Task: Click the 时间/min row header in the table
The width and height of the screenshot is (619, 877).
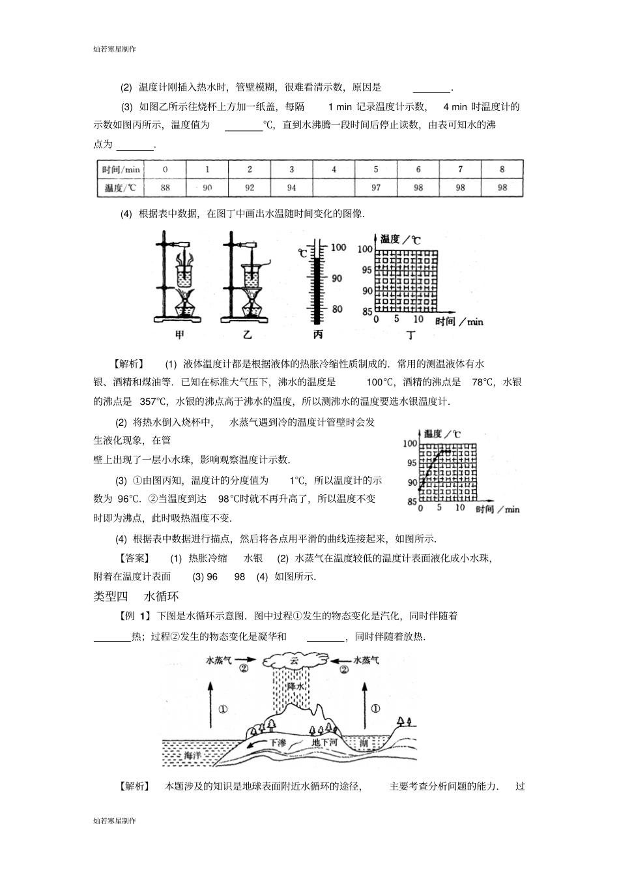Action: pyautogui.click(x=121, y=170)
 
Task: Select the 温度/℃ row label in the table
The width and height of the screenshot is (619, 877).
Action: pyautogui.click(x=121, y=188)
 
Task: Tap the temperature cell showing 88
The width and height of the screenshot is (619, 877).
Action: pyautogui.click(x=165, y=188)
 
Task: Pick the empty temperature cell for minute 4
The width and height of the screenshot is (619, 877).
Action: pyautogui.click(x=334, y=188)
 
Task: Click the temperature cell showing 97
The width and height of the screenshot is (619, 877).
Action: pyautogui.click(x=376, y=188)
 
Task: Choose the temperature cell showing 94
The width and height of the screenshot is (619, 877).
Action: pyautogui.click(x=291, y=188)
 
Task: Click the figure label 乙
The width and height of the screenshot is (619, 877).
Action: pyautogui.click(x=248, y=335)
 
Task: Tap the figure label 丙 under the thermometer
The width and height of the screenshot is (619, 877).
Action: pyautogui.click(x=318, y=335)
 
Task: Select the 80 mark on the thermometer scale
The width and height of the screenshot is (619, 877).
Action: pyautogui.click(x=337, y=309)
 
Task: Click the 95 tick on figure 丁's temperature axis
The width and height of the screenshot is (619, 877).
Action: pyautogui.click(x=366, y=270)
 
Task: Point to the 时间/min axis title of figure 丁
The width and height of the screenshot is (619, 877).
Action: pyautogui.click(x=459, y=321)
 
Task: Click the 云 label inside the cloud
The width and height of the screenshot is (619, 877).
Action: pyautogui.click(x=294, y=661)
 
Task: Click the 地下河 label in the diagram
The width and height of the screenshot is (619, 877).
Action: pyautogui.click(x=324, y=741)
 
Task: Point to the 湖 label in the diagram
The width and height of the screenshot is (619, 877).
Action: pyautogui.click(x=364, y=741)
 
